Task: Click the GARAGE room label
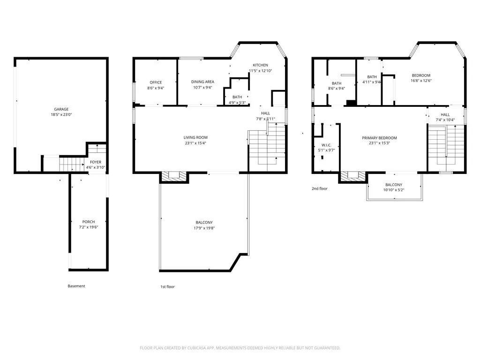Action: coord(61,109)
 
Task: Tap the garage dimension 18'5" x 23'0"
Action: coord(61,115)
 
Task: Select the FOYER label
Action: coord(95,162)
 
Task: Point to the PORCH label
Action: coord(88,222)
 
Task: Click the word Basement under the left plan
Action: coord(76,286)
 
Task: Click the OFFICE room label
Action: coord(156,82)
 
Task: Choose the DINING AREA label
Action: coord(202,82)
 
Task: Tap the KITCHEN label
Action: coord(260,65)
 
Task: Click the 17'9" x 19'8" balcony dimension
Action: coord(204,228)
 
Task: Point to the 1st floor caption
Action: coord(167,286)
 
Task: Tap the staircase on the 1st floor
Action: coord(267,147)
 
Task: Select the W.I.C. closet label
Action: coord(327,145)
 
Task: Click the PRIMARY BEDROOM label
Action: coord(379,138)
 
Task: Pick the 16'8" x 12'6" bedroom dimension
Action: coord(421,81)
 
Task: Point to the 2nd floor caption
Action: coord(320,188)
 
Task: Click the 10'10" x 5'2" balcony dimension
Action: coord(394,190)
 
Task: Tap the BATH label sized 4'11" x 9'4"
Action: coord(372,77)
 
